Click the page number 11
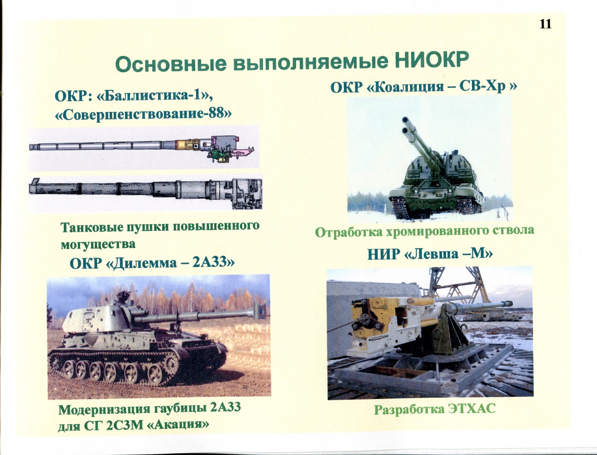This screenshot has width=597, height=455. click(x=545, y=24)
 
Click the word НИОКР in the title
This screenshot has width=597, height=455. click(x=431, y=60)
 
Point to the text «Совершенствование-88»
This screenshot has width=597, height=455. click(x=143, y=113)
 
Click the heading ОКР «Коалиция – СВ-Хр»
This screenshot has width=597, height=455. click(x=423, y=87)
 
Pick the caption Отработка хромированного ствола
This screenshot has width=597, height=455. click(x=424, y=231)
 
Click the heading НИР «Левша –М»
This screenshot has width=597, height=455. click(x=430, y=254)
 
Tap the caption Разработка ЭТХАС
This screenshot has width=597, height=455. click(x=434, y=409)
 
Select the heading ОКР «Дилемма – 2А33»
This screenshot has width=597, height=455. click(x=152, y=263)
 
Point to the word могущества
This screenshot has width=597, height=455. click(x=98, y=244)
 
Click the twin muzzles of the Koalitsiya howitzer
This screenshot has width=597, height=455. click(x=406, y=125)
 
